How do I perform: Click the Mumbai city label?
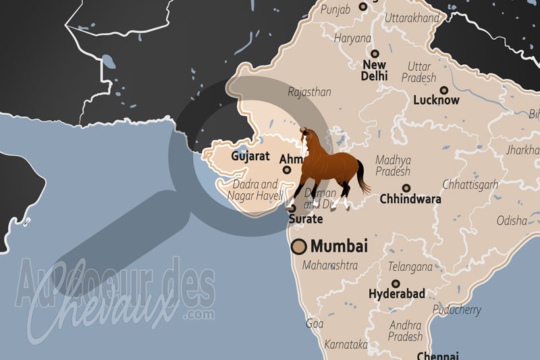[339, 247]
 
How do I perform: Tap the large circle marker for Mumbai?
[299, 247]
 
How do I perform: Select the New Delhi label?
[374, 70]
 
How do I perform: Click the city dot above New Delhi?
[374, 53]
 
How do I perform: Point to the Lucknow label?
[436, 100]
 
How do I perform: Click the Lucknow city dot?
[443, 89]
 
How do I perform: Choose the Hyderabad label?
[396, 294]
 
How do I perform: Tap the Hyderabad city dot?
[396, 284]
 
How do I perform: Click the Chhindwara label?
[410, 199]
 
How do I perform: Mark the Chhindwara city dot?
[406, 188]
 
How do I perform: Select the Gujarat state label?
[250, 156]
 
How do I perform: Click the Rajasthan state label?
[309, 92]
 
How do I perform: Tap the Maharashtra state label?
[330, 265]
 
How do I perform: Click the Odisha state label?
[512, 220]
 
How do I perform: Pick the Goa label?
[315, 324]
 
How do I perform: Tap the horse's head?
[307, 136]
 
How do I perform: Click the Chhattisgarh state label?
[470, 184]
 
